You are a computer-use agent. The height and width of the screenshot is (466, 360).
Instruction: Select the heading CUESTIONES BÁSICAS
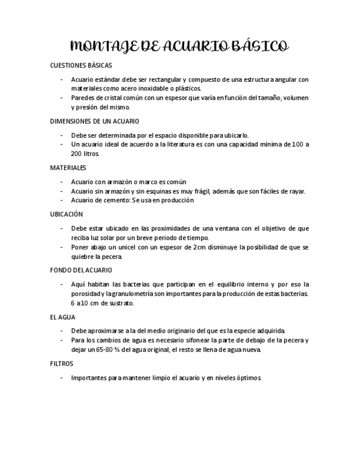click(x=81, y=65)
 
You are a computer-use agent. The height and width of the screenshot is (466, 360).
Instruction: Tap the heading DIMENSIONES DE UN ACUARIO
click(x=95, y=121)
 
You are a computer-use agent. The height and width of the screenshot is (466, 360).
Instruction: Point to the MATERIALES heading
click(x=68, y=168)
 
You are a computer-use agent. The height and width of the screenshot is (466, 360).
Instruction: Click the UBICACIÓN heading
click(x=67, y=214)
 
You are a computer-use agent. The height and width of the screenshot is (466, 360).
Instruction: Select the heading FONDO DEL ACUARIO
click(x=81, y=270)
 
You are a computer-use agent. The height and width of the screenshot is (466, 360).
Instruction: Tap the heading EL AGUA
click(x=63, y=317)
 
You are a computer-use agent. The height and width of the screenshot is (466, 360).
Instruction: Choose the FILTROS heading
click(x=62, y=364)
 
